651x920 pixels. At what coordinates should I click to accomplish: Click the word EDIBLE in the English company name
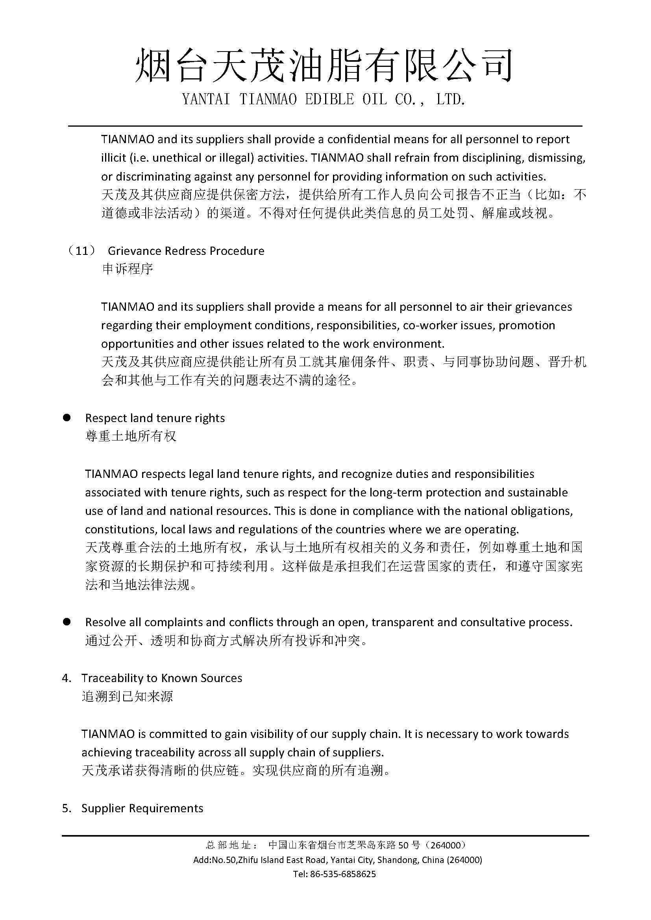pos(329,100)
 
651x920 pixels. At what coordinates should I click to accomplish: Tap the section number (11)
pos(81,251)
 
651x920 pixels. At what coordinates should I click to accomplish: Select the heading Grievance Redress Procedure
pos(186,251)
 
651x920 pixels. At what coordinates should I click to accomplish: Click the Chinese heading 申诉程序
pos(128,269)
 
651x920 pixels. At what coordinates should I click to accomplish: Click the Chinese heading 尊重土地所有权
pos(131,436)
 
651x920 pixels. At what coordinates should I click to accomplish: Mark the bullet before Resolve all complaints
pos(67,622)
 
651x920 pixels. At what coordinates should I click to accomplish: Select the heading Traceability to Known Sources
pos(161,678)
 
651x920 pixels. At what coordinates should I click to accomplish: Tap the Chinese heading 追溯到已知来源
pos(128,697)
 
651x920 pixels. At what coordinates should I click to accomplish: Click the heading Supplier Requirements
pos(142,808)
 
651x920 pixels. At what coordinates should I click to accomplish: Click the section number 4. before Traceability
pos(67,678)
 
